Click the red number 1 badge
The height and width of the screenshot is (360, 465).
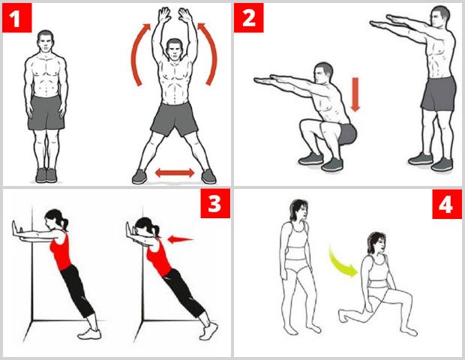17,18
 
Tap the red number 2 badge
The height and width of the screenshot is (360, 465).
248,18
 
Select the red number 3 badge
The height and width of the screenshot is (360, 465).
215,203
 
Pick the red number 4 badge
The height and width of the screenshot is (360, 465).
447,204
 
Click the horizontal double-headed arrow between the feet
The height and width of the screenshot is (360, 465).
175,172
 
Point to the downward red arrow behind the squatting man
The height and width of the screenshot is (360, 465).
355,94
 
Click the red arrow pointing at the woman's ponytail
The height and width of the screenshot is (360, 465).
180,239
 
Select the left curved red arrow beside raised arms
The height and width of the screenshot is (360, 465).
139,55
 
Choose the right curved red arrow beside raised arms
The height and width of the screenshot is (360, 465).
210,53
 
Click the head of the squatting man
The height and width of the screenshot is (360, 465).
323,73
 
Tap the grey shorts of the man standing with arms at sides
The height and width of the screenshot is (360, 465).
46,112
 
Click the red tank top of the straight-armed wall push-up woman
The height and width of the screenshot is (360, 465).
61,250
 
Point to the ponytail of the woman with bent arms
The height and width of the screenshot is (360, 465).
155,230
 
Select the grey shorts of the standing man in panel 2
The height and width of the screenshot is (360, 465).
439,94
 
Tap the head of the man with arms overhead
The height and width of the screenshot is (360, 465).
174,49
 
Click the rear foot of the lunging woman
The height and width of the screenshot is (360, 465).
344,316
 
